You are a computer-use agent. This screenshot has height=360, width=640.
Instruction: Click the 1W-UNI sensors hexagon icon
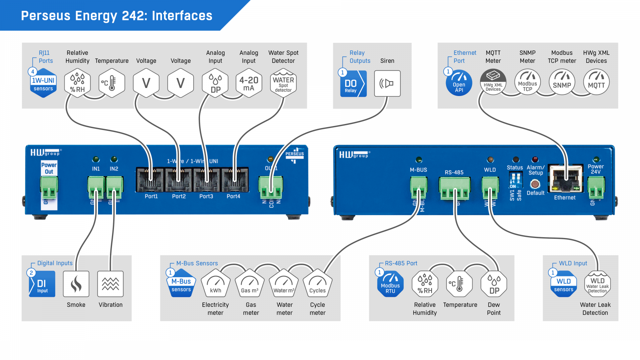coord(43,83)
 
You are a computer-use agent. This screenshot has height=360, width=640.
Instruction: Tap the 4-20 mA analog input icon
coord(249,83)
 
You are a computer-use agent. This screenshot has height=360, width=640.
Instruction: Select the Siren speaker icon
coord(387,84)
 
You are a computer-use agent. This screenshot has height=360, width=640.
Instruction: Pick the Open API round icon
coord(459,83)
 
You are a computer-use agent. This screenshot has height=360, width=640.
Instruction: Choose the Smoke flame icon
coord(76,284)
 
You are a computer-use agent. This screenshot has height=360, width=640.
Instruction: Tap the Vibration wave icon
coord(110,284)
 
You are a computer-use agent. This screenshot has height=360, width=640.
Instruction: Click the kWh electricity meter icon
coord(216,283)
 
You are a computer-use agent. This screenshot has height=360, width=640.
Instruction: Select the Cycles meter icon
coord(318,283)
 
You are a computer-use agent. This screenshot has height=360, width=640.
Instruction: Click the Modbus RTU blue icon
coord(390,284)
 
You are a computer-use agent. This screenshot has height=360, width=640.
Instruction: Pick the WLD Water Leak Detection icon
coord(598,284)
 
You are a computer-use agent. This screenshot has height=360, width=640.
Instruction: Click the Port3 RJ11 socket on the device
coord(206,180)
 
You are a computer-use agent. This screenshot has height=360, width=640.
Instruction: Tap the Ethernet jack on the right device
coord(565,178)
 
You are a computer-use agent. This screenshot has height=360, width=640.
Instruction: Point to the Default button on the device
coord(535,184)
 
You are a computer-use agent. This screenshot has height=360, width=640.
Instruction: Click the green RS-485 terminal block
coord(454,188)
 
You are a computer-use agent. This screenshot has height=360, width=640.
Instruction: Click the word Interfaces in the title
coord(182,16)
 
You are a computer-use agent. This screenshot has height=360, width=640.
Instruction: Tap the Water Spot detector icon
coord(283,83)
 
